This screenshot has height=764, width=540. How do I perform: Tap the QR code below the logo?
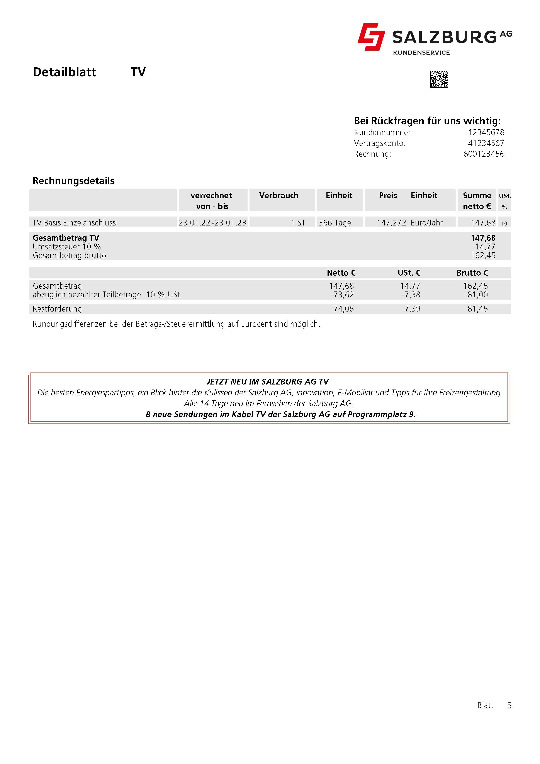(x=439, y=80)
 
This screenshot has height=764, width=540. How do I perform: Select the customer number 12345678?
(x=486, y=132)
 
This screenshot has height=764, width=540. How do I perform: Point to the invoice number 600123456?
(x=484, y=154)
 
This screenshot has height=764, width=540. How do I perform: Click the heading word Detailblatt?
(x=64, y=72)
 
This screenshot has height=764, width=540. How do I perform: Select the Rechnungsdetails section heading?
(x=74, y=181)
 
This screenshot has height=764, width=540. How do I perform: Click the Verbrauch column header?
(x=279, y=196)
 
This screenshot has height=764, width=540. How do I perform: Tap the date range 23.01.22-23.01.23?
(x=212, y=223)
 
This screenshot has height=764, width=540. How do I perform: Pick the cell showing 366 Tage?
(x=335, y=223)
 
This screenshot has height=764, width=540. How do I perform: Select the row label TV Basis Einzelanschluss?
(x=74, y=223)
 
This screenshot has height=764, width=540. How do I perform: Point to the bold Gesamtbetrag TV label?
(x=66, y=238)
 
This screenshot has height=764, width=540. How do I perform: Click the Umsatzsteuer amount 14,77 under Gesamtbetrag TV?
(x=485, y=247)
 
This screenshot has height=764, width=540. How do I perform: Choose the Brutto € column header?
(x=472, y=273)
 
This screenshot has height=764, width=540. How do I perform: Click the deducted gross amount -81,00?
(x=476, y=295)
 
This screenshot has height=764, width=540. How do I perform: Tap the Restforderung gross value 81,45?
(x=477, y=309)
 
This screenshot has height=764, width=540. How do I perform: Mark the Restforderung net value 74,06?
(x=344, y=309)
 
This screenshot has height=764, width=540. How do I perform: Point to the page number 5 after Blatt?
(x=509, y=705)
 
